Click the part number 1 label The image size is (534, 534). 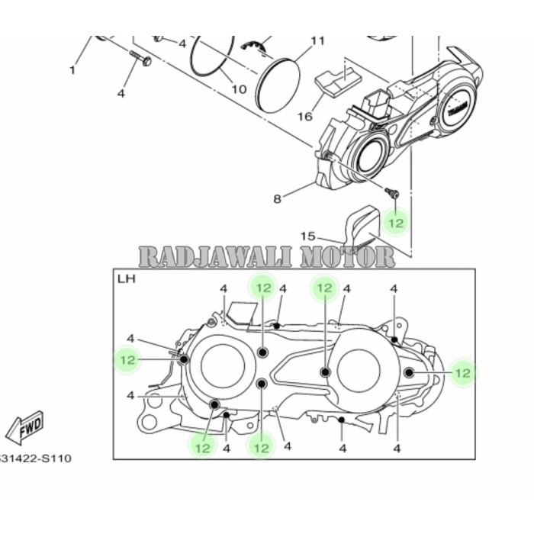click(x=72, y=71)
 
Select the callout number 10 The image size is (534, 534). click(x=239, y=89)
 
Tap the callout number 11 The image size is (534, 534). click(x=317, y=40)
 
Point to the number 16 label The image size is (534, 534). click(x=304, y=117)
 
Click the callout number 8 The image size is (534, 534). click(x=278, y=199)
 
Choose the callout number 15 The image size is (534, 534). click(x=307, y=236)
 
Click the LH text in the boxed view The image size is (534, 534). click(x=126, y=280)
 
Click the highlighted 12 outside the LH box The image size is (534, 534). click(x=395, y=223)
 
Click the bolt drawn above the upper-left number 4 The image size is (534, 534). click(x=140, y=57)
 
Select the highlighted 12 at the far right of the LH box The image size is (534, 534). click(x=462, y=372)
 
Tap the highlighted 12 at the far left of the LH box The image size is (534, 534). click(x=127, y=359)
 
